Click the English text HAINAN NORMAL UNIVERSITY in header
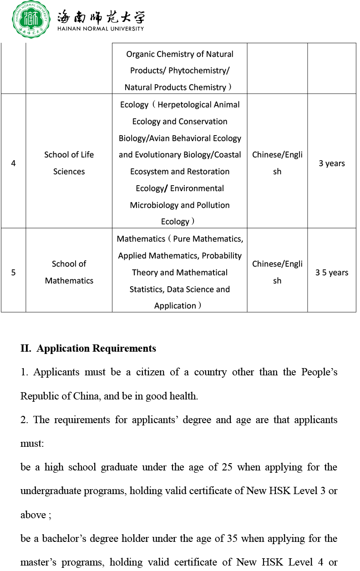point(101,29)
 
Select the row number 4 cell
point(13,163)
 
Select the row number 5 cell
point(13,273)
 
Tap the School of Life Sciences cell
point(69,163)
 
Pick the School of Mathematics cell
point(69,272)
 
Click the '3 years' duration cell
point(332,163)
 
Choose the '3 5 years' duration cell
point(332,273)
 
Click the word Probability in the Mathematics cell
point(222,256)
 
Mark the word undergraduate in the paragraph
point(51,491)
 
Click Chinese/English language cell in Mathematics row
point(277,272)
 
